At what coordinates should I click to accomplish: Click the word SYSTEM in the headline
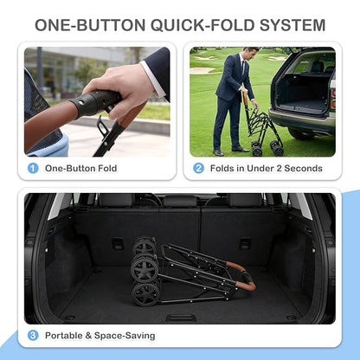[292, 25]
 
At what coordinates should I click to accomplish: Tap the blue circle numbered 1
[33, 168]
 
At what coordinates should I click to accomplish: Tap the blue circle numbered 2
[198, 168]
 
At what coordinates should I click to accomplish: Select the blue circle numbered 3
[33, 336]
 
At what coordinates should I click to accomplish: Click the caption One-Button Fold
[80, 168]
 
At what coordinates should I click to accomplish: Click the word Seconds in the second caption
[303, 168]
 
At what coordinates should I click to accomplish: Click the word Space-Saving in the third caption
[125, 336]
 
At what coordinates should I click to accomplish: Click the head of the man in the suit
[248, 53]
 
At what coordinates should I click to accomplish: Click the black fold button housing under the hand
[95, 103]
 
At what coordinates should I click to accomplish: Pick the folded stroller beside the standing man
[261, 128]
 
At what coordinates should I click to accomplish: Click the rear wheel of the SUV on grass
[301, 133]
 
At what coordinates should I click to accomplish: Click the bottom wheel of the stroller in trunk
[145, 294]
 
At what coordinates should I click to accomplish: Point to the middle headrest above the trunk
[180, 201]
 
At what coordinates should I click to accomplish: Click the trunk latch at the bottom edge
[181, 318]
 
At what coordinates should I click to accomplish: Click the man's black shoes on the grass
[231, 151]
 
